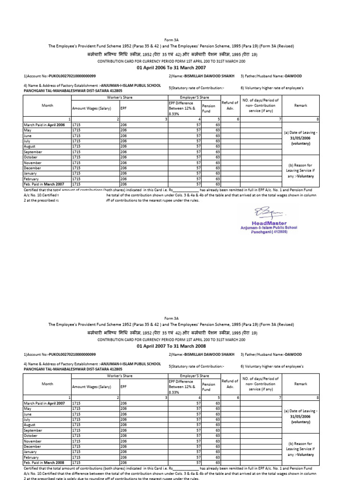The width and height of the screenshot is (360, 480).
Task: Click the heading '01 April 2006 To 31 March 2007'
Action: pos(180,67)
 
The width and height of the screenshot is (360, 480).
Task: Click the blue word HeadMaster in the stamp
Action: pos(269,223)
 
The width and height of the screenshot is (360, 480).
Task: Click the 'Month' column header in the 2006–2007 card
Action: pos(47,106)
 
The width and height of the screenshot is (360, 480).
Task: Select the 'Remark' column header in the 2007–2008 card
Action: pos(300,384)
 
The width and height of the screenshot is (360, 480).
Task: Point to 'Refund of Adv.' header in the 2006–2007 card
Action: pos(230,105)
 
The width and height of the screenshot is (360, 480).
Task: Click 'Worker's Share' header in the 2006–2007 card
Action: pos(119,97)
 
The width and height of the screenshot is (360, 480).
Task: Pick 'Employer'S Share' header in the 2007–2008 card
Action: pos(194,375)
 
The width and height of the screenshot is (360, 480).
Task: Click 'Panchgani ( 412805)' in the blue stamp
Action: pos(269,232)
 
